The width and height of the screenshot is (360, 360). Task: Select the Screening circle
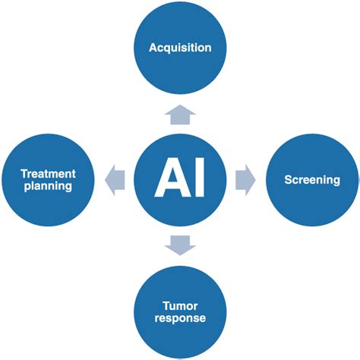click(311, 180)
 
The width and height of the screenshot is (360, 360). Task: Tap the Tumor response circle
click(180, 311)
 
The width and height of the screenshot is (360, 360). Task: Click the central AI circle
click(180, 180)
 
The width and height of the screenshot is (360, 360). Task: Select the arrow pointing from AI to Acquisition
click(180, 114)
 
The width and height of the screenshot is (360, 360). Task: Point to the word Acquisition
click(180, 48)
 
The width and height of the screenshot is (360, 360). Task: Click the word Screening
click(311, 180)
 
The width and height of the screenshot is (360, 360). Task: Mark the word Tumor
click(180, 305)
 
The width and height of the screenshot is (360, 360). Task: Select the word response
click(180, 318)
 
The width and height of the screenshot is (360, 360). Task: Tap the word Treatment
click(47, 174)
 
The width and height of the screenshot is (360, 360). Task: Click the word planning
click(47, 187)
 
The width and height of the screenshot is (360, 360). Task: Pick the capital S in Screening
click(288, 180)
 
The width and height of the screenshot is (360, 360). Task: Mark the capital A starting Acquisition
click(153, 48)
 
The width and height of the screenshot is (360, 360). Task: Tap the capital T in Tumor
click(166, 305)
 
